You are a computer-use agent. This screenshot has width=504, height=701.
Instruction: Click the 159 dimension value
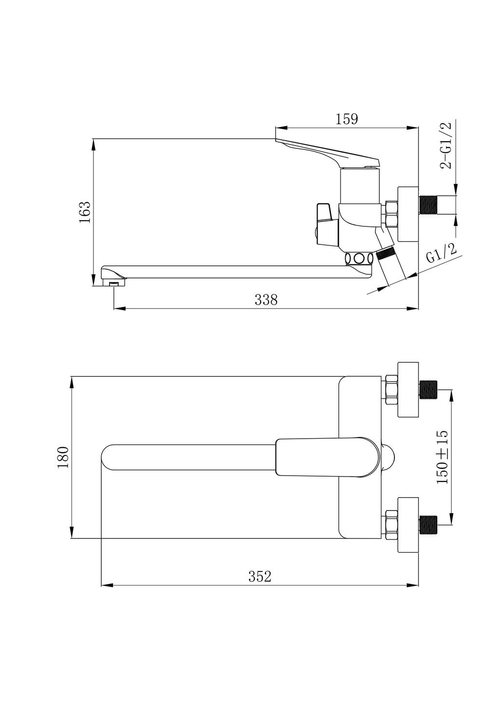pos(347,119)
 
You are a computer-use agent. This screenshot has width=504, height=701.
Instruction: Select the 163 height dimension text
pos(85,212)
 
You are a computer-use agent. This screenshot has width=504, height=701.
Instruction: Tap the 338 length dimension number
pos(266,300)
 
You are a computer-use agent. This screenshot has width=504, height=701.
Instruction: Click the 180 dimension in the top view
pos(63,457)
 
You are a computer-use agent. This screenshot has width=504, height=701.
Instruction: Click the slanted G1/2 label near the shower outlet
pos(441,253)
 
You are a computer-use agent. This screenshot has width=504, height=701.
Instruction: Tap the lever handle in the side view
pos(327,151)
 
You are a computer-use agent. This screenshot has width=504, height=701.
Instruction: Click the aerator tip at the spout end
pos(114,282)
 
